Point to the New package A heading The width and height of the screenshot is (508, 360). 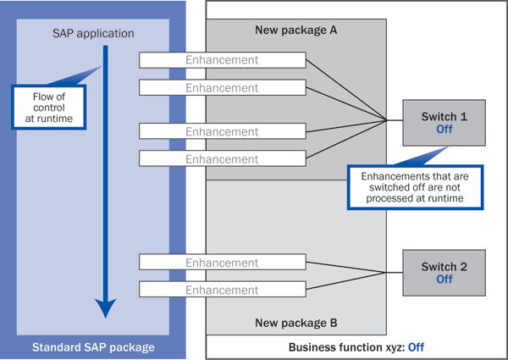click(x=296, y=30)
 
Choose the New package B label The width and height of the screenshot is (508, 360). click(x=296, y=323)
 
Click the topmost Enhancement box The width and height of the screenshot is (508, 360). click(x=222, y=60)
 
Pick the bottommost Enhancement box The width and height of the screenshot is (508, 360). click(x=222, y=291)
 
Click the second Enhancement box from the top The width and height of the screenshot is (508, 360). click(x=222, y=88)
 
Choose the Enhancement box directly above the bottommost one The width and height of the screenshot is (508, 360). click(x=222, y=263)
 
